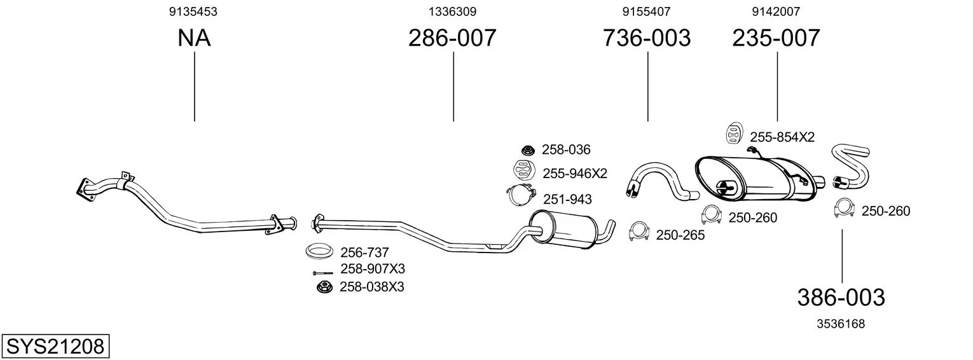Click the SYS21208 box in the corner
coord(55,346)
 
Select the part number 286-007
coord(452,38)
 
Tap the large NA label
coord(194,38)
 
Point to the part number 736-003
coord(646,38)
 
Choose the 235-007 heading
coord(776,38)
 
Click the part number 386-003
coord(841,298)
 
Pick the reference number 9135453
coord(193,11)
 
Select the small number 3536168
coord(841,324)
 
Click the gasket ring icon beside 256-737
coord(319,251)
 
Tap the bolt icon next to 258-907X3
coord(322,273)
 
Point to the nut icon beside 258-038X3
coord(324,287)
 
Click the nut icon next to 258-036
coord(528,150)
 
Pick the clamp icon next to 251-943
coord(522,195)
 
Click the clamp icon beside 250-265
coord(639,232)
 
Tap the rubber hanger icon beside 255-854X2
coord(734,133)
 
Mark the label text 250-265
coord(680,235)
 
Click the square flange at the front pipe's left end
coord(86,190)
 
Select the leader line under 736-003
coord(647,87)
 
